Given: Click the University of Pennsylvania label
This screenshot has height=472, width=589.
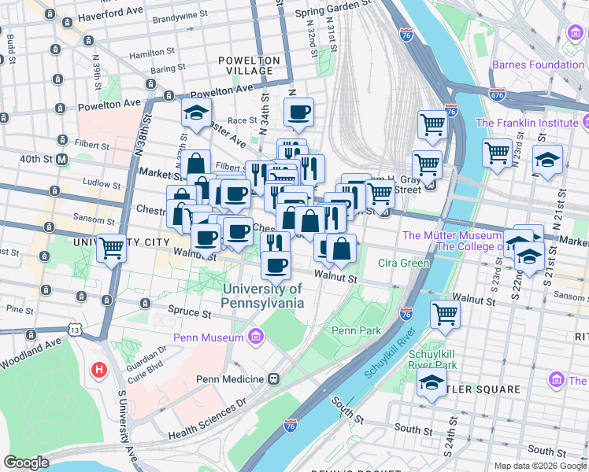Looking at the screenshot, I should tap(262, 296).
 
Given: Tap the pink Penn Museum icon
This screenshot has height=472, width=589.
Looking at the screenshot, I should tap(254, 338).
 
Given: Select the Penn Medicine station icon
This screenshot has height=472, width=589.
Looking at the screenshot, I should tap(274, 379).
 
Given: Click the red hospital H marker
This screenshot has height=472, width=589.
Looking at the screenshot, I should tap(99, 369).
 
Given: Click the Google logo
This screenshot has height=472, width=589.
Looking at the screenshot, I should tap(26, 463).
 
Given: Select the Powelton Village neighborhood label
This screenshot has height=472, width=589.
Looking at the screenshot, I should tap(250, 65).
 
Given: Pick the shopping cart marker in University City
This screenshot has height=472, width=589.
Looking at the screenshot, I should tap(112, 248).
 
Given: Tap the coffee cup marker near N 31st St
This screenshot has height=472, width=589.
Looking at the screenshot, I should tap(298, 112).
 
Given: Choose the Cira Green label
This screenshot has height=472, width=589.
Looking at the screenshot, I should tap(403, 263).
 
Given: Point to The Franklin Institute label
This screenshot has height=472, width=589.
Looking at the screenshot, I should tap(526, 123).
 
